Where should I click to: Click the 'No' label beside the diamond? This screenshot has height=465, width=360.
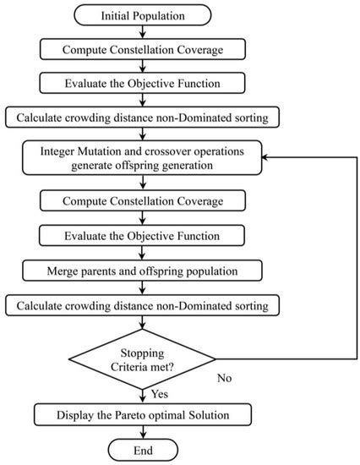click(x=224, y=379)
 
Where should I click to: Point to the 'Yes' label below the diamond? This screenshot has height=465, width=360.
click(x=160, y=394)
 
